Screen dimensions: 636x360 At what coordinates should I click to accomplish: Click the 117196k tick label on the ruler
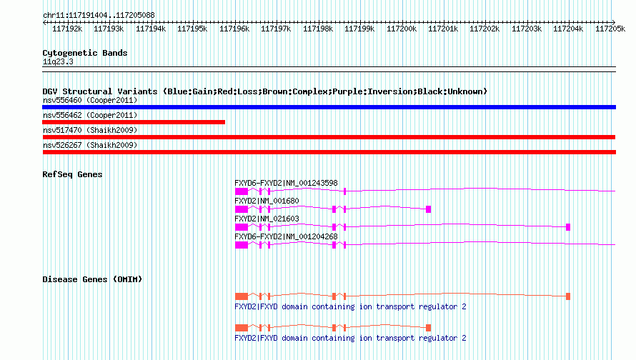click(234, 29)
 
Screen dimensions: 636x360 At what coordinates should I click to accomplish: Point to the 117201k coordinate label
click(443, 29)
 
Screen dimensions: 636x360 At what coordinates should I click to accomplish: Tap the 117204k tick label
click(568, 29)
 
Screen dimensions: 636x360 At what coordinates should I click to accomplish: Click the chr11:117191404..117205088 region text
click(99, 16)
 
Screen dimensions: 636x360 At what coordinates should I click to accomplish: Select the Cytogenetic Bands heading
click(85, 53)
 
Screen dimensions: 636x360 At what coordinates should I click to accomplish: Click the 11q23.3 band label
click(58, 61)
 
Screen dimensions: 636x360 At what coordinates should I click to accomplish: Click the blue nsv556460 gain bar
click(329, 107)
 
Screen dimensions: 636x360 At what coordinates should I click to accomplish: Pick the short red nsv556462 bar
click(134, 122)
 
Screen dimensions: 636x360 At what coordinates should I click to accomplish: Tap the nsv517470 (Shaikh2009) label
click(90, 130)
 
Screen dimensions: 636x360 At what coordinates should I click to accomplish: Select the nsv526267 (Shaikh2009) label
click(90, 145)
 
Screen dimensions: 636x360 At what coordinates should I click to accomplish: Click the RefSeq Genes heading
click(72, 174)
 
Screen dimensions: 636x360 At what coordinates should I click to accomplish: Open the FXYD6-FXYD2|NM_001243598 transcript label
click(286, 184)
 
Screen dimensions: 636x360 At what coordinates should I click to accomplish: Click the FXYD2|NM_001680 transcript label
click(267, 201)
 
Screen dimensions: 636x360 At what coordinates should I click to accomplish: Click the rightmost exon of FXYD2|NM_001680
click(428, 209)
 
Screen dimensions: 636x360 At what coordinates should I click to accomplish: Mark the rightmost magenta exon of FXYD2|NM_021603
click(568, 227)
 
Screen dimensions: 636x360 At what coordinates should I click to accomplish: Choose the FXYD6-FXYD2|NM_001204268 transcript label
click(286, 236)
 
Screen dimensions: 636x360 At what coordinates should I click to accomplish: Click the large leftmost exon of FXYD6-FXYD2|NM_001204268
click(242, 245)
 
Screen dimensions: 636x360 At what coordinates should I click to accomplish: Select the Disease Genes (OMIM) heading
click(92, 279)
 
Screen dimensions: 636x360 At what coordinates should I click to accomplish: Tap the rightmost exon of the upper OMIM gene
click(568, 296)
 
